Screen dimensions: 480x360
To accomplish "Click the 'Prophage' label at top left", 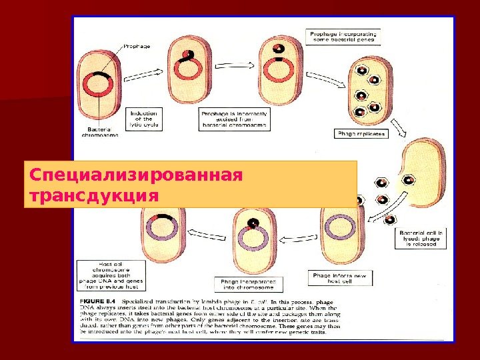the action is click(x=137, y=47).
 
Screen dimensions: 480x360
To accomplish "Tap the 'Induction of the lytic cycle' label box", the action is click(x=143, y=119).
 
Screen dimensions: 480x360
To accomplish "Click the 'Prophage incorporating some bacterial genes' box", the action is click(x=342, y=36).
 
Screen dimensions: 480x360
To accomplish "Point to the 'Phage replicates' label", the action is click(x=360, y=133).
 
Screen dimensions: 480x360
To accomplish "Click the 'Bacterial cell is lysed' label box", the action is click(x=422, y=239).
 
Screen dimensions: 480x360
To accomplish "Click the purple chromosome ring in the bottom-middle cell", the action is click(x=253, y=235).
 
